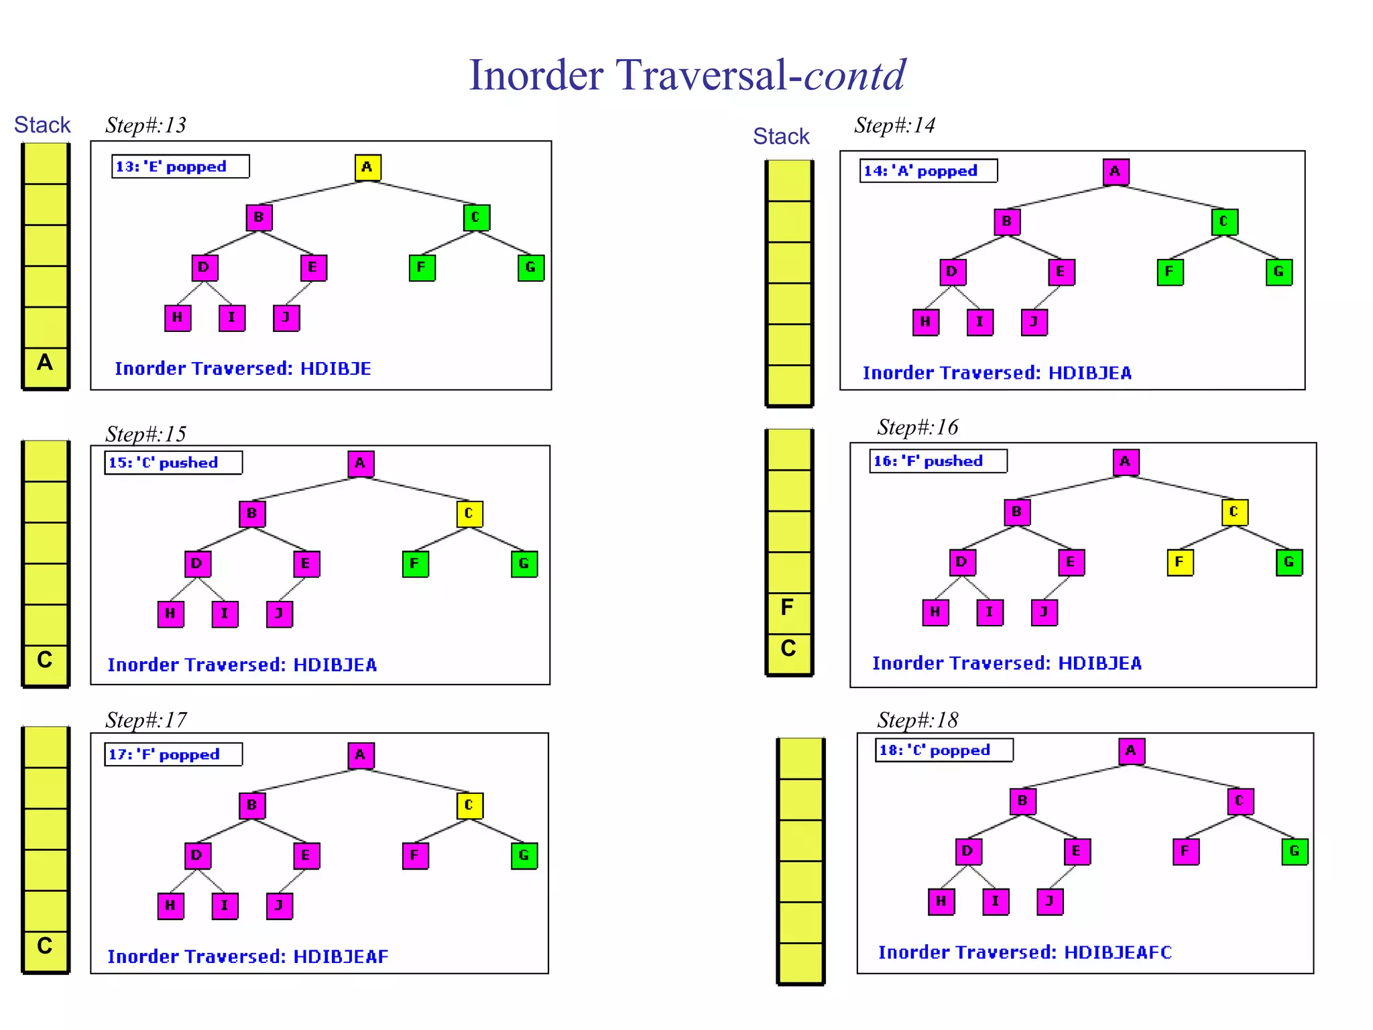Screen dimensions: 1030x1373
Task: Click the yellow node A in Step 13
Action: [367, 167]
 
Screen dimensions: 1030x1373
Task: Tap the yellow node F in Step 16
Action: [1180, 562]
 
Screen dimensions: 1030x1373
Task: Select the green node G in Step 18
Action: [1294, 851]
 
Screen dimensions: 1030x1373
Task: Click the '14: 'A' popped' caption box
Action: [928, 170]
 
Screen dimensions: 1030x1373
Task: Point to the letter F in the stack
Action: [787, 608]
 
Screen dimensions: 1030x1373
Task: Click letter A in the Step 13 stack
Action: [44, 363]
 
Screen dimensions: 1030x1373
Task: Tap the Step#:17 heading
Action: [146, 720]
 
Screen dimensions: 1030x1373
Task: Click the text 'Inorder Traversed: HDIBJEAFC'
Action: [1024, 952]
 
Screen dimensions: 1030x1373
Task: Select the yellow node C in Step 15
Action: [469, 514]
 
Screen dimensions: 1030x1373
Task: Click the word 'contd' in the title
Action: [855, 74]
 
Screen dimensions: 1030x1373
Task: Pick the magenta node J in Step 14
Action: [1034, 322]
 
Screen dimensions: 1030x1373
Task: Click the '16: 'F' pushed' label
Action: [937, 461]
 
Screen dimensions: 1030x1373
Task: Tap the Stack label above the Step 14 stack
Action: [781, 136]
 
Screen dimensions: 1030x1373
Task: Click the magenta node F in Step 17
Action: [414, 855]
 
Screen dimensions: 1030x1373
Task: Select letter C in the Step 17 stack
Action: [44, 946]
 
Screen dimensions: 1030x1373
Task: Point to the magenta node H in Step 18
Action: [941, 901]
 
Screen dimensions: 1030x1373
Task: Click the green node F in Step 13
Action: [422, 268]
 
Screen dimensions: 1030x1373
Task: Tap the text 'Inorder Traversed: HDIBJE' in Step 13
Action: [243, 369]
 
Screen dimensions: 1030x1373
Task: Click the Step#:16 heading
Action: [917, 427]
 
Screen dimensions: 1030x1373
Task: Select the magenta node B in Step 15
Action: [252, 514]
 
